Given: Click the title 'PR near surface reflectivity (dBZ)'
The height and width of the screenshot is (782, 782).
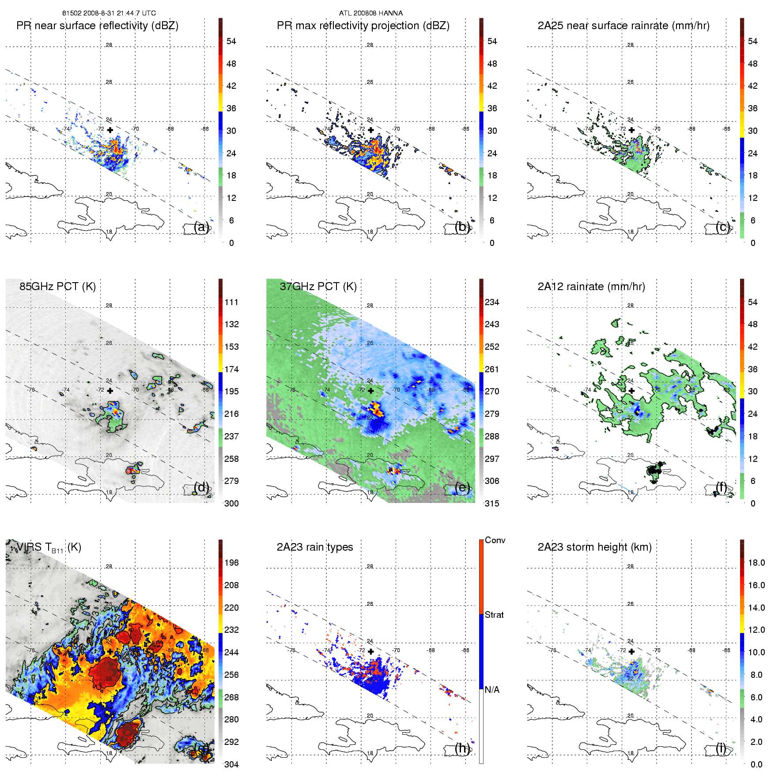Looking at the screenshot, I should [x=97, y=26].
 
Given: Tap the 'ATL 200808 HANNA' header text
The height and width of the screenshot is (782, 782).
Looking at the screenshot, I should [x=370, y=13].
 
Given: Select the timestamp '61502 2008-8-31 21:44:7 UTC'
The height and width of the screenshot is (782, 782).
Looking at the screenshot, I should [x=109, y=13].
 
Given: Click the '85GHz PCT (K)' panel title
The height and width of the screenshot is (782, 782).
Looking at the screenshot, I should [x=57, y=287].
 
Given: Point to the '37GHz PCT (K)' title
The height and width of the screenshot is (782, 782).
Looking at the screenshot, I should [x=318, y=287].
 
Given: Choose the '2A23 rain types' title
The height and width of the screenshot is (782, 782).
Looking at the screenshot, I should [x=314, y=547].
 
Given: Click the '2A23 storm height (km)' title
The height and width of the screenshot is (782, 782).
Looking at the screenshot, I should [x=594, y=547].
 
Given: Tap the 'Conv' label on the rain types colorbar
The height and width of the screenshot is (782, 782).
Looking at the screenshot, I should [x=495, y=540].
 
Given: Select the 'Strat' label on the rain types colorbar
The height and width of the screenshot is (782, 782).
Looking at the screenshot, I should [x=494, y=615].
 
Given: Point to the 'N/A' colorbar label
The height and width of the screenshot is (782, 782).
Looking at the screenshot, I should [x=492, y=690].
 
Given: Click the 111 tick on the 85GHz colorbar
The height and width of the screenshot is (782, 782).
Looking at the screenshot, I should [x=231, y=302].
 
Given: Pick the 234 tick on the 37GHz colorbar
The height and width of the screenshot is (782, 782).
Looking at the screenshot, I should [x=492, y=302].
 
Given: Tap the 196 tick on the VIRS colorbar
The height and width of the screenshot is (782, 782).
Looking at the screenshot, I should [x=231, y=563].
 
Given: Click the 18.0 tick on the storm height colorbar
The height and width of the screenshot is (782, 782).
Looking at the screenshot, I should [x=756, y=563].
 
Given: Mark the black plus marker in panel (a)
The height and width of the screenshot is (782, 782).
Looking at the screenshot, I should [x=110, y=130].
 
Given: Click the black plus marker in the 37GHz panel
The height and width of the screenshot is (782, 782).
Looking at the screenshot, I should [x=370, y=391].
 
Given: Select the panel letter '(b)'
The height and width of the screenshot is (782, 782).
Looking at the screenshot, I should [x=462, y=227].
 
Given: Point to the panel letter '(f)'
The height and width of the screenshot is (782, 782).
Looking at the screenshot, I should [x=722, y=487].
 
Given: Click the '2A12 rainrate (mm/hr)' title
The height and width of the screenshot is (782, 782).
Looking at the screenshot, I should [x=591, y=287].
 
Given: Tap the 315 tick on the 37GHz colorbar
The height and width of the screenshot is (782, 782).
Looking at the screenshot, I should [x=492, y=503].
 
